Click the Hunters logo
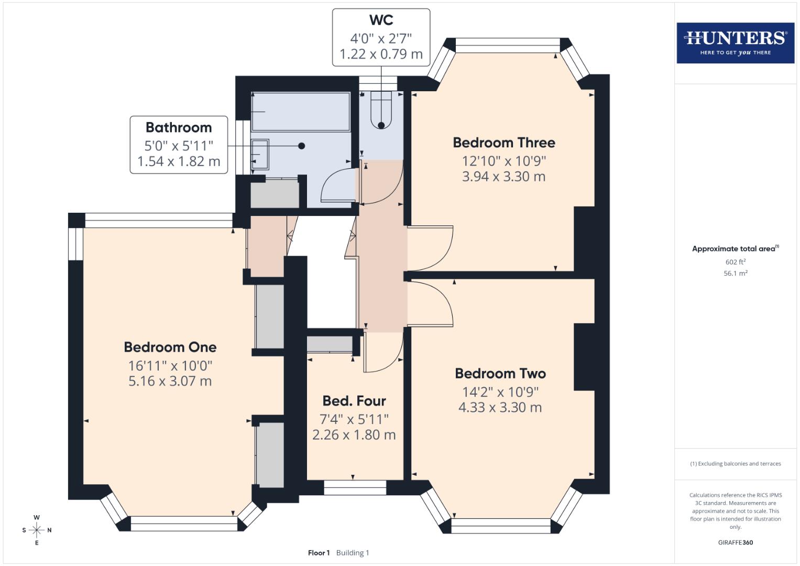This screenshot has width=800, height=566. pyautogui.click(x=735, y=43)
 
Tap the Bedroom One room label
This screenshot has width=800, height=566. pyautogui.click(x=170, y=347)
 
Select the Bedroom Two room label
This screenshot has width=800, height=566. pyautogui.click(x=500, y=373)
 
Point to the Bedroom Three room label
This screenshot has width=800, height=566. pyautogui.click(x=503, y=143)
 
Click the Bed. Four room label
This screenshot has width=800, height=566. pyautogui.click(x=354, y=401)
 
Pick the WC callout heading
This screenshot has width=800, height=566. pyautogui.click(x=381, y=20)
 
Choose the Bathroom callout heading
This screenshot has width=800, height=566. pyautogui.click(x=179, y=127)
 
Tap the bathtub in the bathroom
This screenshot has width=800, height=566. pyautogui.click(x=300, y=112)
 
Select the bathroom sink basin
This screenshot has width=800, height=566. pyautogui.click(x=260, y=155)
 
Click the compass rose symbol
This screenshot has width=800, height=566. pyautogui.click(x=37, y=530)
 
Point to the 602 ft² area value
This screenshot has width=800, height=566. pyautogui.click(x=735, y=262)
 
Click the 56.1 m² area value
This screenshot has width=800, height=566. pyautogui.click(x=735, y=273)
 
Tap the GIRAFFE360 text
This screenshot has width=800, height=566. pyautogui.click(x=735, y=542)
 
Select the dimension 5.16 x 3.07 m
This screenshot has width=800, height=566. pyautogui.click(x=170, y=381)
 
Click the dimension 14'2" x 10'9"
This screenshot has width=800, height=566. pyautogui.click(x=500, y=391)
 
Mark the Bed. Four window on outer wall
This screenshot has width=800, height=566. pyautogui.click(x=355, y=487)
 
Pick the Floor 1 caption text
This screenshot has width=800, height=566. pyautogui.click(x=319, y=552)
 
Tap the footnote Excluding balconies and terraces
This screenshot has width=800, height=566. pyautogui.click(x=735, y=464)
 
